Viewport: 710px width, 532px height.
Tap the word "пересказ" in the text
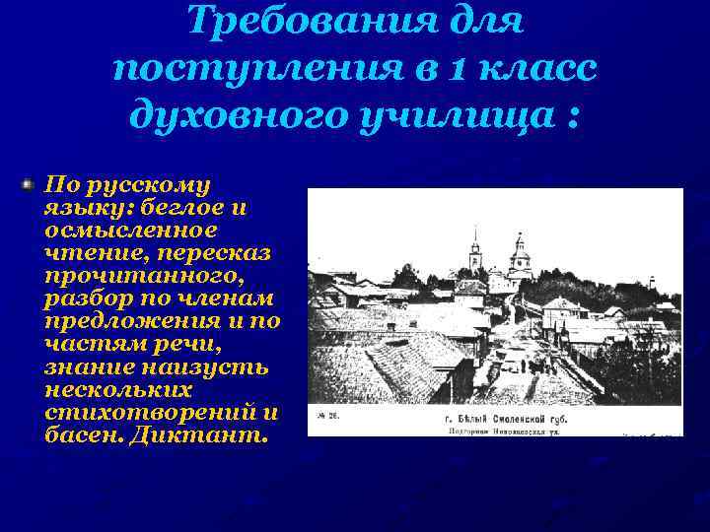coord(219,253)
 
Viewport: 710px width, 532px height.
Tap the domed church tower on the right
coord(520,258)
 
